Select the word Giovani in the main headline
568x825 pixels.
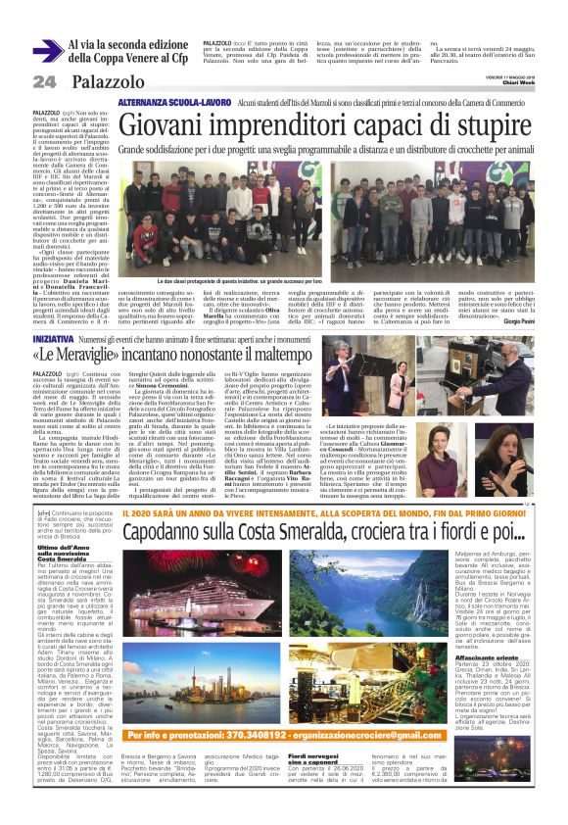coord(172,123)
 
